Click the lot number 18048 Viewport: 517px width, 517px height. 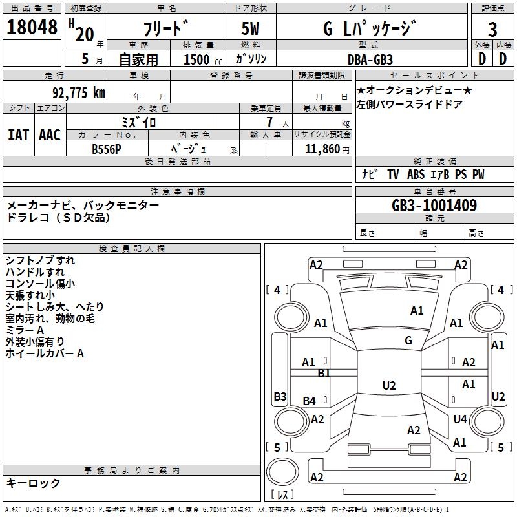coord(32,27)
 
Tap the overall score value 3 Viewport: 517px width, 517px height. coord(492,30)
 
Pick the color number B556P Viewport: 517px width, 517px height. coord(106,149)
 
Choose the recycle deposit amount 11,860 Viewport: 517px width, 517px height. coord(321,149)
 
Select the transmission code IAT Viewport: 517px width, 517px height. coord(19,134)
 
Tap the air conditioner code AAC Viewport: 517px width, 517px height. coord(49,134)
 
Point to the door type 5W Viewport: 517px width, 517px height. coord(251,30)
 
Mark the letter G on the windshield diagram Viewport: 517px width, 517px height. coord(408,341)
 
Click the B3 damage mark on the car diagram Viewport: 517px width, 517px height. coord(280,396)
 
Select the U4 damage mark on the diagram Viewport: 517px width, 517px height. coord(460,419)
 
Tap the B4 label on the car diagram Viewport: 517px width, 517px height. coord(310,401)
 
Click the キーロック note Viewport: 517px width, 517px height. coord(33,483)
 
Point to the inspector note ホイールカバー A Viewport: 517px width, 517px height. coord(45,353)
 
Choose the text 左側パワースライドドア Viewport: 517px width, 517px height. coord(410,103)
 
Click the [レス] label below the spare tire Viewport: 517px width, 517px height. coord(283,496)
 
